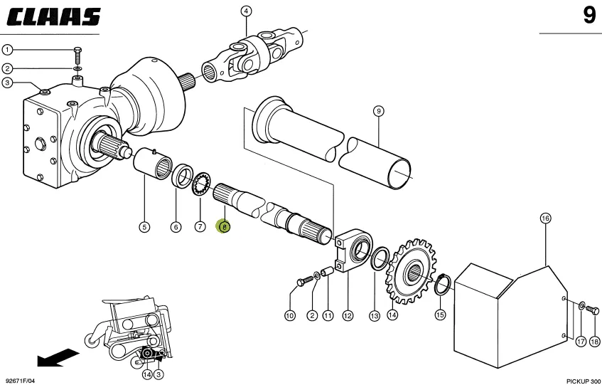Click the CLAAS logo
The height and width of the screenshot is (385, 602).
53,17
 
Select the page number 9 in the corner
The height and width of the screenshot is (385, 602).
589,16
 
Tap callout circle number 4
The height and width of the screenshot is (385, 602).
246,11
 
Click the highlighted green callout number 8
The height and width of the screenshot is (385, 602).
224,227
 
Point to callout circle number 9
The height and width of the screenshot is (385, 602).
379,110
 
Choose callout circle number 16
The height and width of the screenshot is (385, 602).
546,218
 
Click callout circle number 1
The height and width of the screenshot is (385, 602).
6,51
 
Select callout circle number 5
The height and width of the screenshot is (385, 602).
144,227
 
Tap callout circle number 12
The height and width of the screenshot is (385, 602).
347,315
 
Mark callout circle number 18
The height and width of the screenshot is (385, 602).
595,342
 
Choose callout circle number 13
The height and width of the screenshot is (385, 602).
375,315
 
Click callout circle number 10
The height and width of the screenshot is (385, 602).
290,315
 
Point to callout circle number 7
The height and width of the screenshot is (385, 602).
200,227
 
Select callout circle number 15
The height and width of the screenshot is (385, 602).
440,315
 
